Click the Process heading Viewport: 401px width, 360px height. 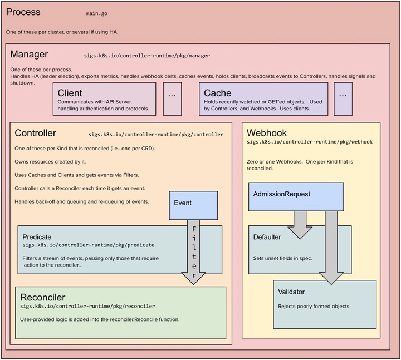click(23, 12)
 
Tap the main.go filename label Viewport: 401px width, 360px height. click(97, 13)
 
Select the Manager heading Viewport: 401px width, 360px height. click(29, 55)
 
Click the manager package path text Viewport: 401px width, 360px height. click(147, 56)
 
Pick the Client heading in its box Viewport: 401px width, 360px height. click(70, 93)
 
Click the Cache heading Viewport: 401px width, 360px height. click(218, 93)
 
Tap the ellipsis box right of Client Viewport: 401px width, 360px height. click(172, 99)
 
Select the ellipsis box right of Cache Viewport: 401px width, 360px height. click(343, 99)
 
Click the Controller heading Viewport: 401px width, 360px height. click(35, 133)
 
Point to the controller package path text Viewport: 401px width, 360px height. click(156, 135)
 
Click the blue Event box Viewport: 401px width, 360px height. click(193, 205)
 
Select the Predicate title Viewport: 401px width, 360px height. click(37, 237)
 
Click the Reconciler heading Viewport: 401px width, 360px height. click(43, 297)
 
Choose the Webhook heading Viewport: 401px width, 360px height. click(267, 133)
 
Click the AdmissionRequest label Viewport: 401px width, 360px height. click(282, 194)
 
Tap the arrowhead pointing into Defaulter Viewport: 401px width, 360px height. click(300, 233)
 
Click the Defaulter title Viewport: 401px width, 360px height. click(267, 237)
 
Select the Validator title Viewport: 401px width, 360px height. click(291, 292)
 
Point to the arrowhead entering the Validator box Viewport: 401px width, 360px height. click(331, 279)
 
